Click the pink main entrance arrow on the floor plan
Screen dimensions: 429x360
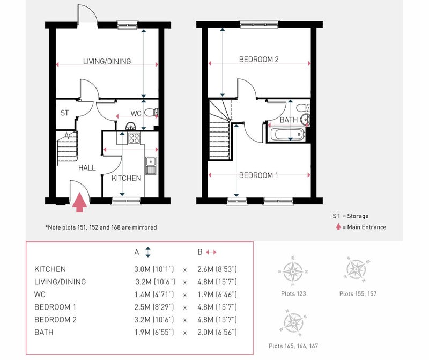79,202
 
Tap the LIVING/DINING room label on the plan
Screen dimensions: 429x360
107,61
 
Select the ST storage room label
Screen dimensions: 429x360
64,113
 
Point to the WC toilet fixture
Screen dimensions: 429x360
151,112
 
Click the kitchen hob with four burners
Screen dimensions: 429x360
134,138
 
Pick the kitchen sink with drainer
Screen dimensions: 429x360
151,166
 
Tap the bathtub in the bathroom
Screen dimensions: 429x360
286,135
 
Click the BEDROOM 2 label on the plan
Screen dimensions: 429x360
259,60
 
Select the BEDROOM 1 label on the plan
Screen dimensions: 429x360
258,175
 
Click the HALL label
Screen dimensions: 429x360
87,168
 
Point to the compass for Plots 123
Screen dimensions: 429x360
293,272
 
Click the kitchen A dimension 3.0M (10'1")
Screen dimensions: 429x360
154,269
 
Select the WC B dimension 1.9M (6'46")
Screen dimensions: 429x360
217,295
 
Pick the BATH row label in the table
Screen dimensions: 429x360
44,332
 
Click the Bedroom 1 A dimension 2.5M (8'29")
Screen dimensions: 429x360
154,307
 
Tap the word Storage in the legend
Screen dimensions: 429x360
358,216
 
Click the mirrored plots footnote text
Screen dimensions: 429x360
101,227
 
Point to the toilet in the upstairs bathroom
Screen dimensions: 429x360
303,107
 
